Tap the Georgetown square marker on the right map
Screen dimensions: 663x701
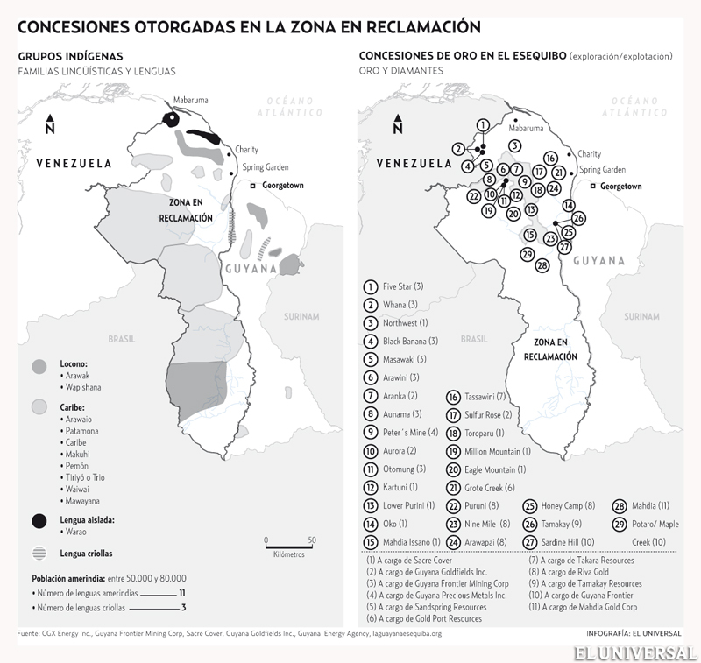(594, 187)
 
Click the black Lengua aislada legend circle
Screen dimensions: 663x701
(39, 521)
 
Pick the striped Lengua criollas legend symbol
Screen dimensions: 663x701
(39, 554)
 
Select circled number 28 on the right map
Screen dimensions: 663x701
(542, 264)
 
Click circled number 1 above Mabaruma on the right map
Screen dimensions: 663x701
(483, 126)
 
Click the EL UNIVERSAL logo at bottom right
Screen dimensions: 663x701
(636, 650)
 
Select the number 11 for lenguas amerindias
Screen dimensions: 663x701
(182, 593)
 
